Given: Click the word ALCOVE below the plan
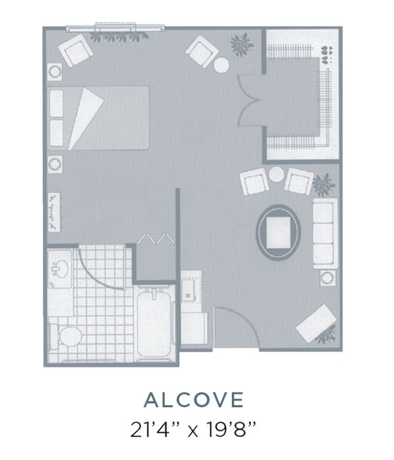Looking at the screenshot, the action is click(x=194, y=400).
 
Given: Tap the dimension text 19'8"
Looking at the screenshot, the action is click(x=231, y=429).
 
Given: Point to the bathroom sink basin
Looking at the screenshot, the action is click(x=60, y=269).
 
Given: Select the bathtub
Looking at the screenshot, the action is click(x=154, y=322).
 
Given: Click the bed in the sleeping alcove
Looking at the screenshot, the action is click(x=98, y=118).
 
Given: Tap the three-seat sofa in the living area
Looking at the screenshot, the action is click(x=325, y=234).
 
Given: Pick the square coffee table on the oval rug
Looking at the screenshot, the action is click(x=278, y=232).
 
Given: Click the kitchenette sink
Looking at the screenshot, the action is click(x=188, y=290).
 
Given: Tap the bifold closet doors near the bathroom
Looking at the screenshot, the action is click(x=156, y=239).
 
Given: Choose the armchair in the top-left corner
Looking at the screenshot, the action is click(x=75, y=50).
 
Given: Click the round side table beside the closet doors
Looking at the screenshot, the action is click(x=221, y=65).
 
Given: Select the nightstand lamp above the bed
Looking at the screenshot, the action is click(x=55, y=71).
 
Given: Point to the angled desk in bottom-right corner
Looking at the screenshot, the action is click(x=317, y=323).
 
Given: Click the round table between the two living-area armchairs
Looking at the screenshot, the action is click(x=276, y=174).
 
